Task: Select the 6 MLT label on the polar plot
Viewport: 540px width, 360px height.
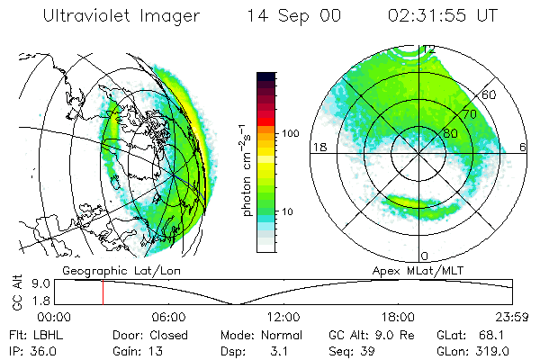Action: [524, 147]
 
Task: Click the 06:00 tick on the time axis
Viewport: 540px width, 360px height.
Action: [168, 317]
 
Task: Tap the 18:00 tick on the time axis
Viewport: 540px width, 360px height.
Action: [398, 317]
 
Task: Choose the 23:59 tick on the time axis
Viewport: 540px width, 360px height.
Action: [512, 317]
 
